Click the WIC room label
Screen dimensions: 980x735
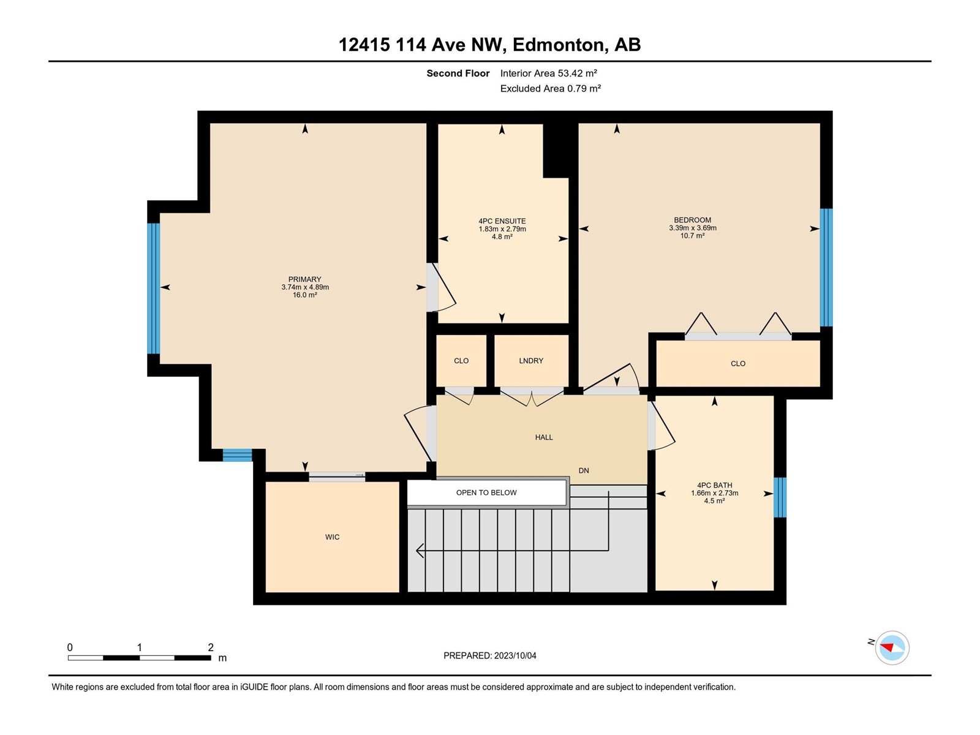click(x=332, y=537)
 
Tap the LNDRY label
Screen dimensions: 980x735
click(x=531, y=361)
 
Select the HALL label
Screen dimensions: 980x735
click(x=544, y=437)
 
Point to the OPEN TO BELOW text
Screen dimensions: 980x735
click(x=486, y=492)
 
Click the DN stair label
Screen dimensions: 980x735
click(x=584, y=470)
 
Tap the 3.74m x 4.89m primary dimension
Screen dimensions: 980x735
click(x=305, y=287)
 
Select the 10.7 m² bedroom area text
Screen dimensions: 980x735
click(x=693, y=236)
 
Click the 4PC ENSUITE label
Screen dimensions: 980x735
click(x=502, y=221)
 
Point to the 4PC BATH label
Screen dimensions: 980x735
click(x=714, y=485)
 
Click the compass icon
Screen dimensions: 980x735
click(x=892, y=647)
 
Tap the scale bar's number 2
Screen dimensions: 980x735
click(x=211, y=647)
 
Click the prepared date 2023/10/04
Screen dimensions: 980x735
click(x=514, y=655)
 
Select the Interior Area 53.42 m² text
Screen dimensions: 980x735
click(x=548, y=73)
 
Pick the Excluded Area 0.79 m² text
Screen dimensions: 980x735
click(x=550, y=88)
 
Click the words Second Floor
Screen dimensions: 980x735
click(x=458, y=73)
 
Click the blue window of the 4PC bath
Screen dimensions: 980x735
click(x=780, y=497)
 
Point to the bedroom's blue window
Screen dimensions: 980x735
click(x=826, y=267)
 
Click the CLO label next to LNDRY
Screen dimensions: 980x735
click(x=461, y=361)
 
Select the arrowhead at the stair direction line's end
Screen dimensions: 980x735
click(x=420, y=551)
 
